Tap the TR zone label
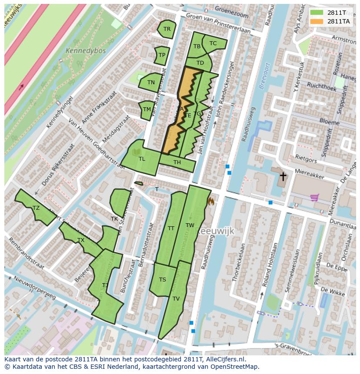[167, 29]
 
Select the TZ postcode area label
[36, 208]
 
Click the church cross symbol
[283, 176]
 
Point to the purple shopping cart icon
[315, 198]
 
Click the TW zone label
[190, 225]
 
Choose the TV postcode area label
[176, 299]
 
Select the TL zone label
[142, 159]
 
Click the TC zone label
[213, 43]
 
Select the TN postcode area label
[151, 83]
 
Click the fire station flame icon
[212, 201]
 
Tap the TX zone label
[81, 240]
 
